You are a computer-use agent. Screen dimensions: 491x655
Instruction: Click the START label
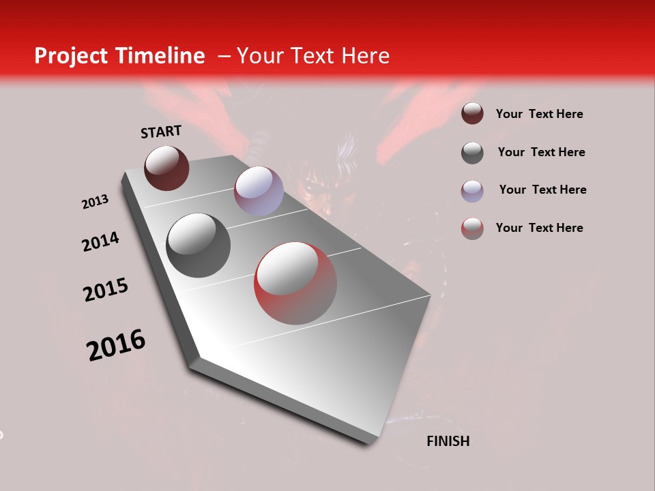161,132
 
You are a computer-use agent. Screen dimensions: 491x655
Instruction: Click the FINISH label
448,441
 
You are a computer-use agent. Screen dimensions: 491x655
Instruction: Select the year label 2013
95,202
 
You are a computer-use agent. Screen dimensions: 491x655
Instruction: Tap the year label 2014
100,241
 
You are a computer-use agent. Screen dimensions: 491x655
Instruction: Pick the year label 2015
106,290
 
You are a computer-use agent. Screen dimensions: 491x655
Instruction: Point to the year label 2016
116,344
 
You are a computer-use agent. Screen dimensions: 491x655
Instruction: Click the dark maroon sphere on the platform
166,168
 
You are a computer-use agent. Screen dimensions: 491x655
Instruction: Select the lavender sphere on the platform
259,191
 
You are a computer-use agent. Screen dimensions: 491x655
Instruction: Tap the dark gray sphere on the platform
198,245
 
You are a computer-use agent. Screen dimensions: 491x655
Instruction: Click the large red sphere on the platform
295,283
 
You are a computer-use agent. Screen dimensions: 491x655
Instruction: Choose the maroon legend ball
472,113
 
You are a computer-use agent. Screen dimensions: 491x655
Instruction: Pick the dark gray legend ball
472,153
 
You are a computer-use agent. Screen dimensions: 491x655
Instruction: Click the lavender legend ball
472,191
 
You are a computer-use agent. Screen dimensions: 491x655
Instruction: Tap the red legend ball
472,228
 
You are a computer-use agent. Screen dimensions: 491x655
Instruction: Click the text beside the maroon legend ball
539,114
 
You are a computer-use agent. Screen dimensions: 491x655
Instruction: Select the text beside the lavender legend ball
542,190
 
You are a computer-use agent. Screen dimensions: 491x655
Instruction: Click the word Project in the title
70,56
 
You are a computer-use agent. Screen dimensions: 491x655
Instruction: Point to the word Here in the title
365,56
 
